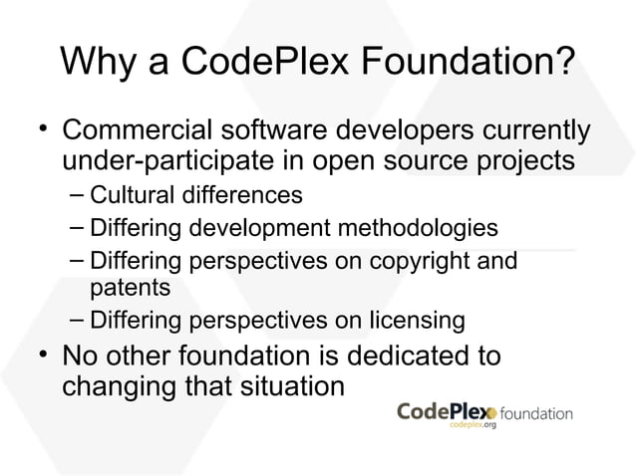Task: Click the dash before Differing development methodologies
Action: coord(77,227)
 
